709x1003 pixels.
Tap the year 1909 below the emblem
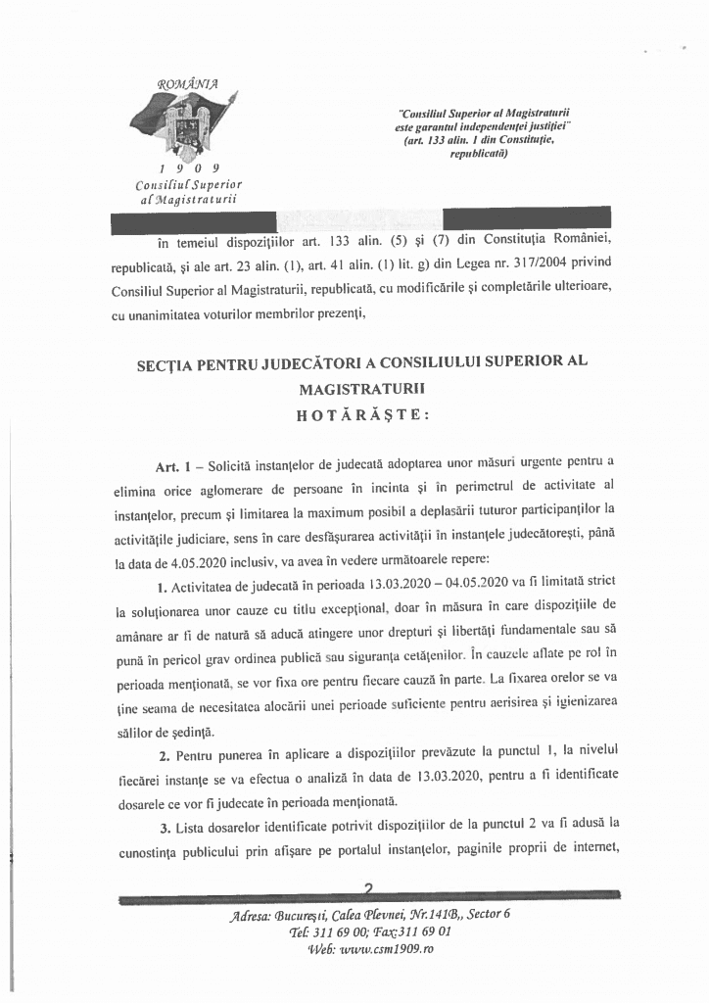[187, 167]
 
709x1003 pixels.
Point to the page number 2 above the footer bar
[369, 888]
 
